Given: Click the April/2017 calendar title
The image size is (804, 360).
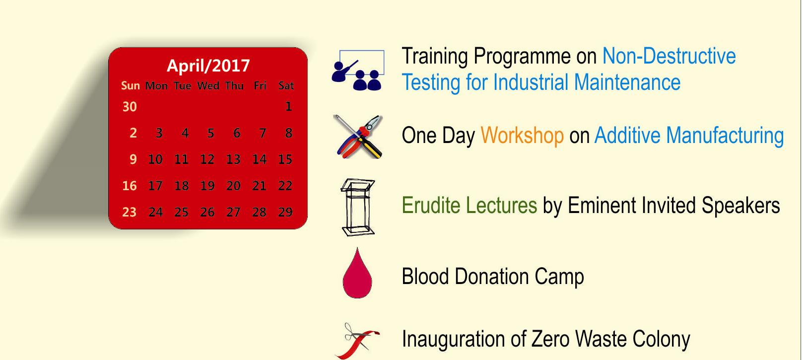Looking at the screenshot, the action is pyautogui.click(x=208, y=66).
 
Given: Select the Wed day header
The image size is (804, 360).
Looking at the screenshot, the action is pyautogui.click(x=208, y=85).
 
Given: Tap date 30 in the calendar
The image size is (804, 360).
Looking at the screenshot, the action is pyautogui.click(x=130, y=107).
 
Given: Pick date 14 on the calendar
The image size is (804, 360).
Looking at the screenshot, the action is pyautogui.click(x=260, y=159).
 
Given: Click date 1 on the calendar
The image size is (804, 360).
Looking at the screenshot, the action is pyautogui.click(x=288, y=106).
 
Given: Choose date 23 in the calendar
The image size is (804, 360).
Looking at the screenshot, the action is pyautogui.click(x=129, y=212).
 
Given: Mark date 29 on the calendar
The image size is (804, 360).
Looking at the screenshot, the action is pyautogui.click(x=285, y=212).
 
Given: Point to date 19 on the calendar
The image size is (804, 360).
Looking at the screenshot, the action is pyautogui.click(x=207, y=186).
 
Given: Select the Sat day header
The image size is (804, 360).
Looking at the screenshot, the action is pyautogui.click(x=286, y=85).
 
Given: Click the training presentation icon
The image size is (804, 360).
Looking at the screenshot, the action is pyautogui.click(x=358, y=70).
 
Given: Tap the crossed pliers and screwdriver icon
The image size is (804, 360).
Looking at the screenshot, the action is pyautogui.click(x=358, y=137).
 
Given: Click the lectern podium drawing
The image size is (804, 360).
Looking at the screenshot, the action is pyautogui.click(x=358, y=207).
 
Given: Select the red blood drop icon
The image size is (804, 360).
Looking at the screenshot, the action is pyautogui.click(x=357, y=274).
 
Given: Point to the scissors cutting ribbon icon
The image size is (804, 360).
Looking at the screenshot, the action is pyautogui.click(x=357, y=341).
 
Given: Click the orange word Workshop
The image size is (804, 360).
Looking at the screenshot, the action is pyautogui.click(x=522, y=136).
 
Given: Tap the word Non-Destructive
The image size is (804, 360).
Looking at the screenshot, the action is pyautogui.click(x=669, y=56).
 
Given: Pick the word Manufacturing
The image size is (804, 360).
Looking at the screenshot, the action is pyautogui.click(x=725, y=136).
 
